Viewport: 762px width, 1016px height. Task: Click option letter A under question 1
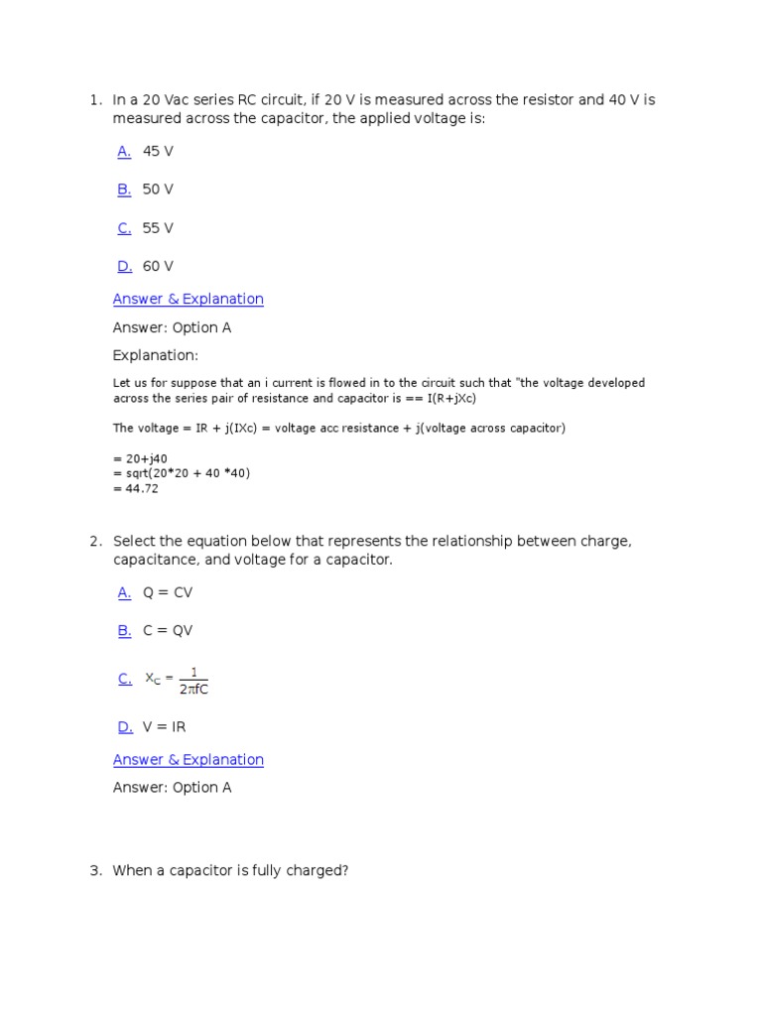pos(124,152)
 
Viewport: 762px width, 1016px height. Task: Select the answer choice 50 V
pos(158,190)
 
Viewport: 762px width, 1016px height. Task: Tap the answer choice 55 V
pos(158,228)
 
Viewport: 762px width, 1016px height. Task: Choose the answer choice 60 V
pos(158,266)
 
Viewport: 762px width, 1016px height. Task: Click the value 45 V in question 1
pos(158,152)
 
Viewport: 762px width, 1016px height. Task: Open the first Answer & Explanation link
pos(189,299)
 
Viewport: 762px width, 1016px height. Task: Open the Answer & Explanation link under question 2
pos(189,760)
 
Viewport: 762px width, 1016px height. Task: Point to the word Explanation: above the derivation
pos(156,355)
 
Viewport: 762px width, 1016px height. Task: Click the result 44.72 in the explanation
pos(140,488)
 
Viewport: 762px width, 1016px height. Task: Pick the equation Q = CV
pos(168,592)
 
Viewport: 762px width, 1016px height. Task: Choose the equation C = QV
pos(168,630)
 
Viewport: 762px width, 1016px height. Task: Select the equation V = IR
pos(164,727)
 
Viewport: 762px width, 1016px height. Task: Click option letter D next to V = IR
pos(124,727)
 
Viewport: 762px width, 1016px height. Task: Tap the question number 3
pos(95,871)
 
